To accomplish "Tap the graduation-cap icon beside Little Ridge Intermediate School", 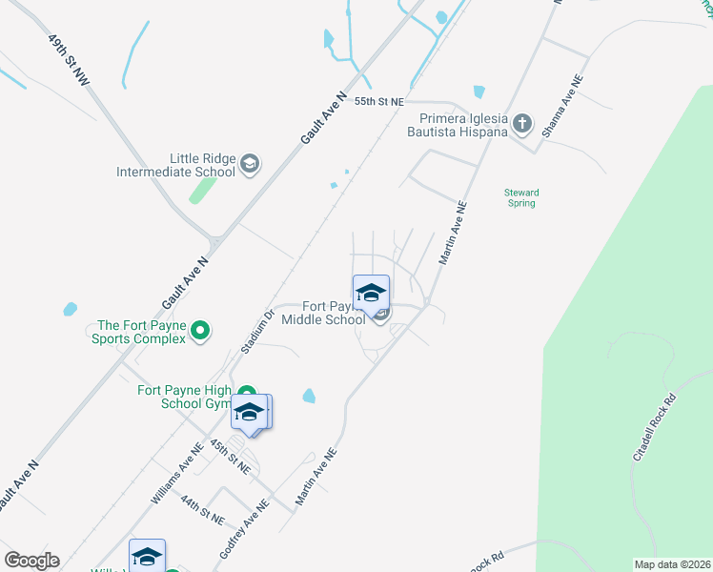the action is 250,165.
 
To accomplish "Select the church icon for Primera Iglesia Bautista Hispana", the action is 521,123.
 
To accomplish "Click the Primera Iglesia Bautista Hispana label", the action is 457,125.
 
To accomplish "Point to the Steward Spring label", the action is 521,197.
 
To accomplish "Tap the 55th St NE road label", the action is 379,100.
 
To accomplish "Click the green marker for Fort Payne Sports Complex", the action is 199,331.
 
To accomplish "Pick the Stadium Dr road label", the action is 257,330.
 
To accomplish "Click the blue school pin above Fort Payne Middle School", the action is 371,293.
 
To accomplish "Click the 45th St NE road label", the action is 230,458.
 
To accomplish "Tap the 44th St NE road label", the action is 202,511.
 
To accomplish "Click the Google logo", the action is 31,561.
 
